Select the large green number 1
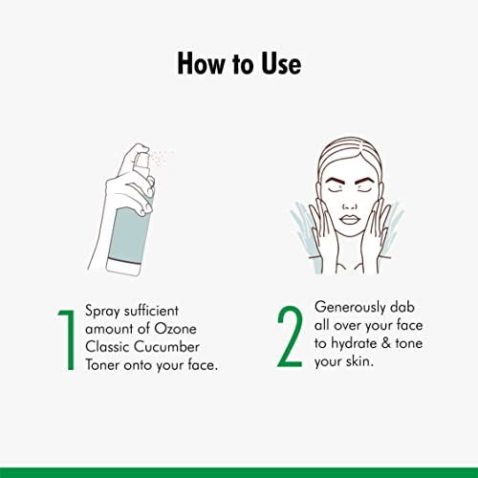point(67,339)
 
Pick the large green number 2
point(290,337)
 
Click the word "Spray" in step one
point(102,312)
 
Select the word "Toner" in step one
point(102,365)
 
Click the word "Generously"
point(350,308)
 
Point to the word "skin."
point(357,361)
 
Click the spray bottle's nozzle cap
point(141,162)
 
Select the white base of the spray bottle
point(123,267)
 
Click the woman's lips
point(350,220)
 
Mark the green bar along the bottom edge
point(239,473)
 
